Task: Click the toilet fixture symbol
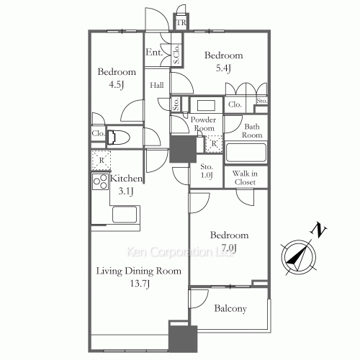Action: (119, 138)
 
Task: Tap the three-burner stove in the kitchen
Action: (100, 181)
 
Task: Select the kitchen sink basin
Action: (125, 215)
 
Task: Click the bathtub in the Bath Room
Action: (246, 153)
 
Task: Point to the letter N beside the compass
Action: (318, 230)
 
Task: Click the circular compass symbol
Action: (299, 258)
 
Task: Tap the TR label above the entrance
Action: (181, 22)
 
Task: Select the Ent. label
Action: (154, 52)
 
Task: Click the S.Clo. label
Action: (176, 54)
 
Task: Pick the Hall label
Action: (157, 85)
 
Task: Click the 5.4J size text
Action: (223, 68)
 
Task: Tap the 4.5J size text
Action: (117, 85)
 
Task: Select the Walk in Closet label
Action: (245, 178)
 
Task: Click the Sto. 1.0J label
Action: (207, 171)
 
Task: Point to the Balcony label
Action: (230, 308)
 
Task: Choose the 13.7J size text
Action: (140, 284)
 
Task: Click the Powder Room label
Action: (203, 124)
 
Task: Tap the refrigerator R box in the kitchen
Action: (102, 160)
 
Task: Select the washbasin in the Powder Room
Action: (206, 105)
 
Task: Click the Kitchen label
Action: (126, 178)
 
